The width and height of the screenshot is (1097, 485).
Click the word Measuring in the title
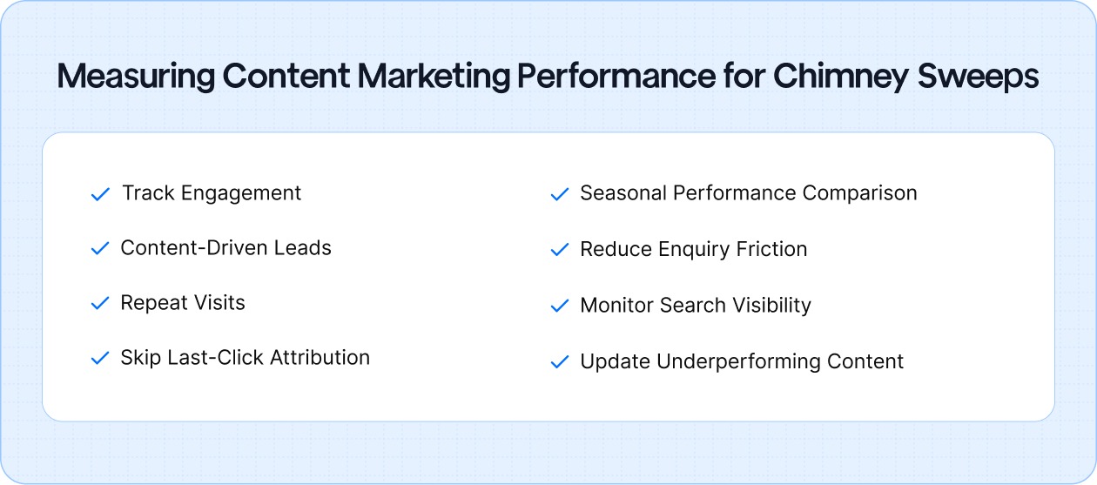coord(135,77)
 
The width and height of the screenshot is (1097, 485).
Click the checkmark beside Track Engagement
coord(100,194)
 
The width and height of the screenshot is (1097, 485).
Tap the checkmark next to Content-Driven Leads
coord(100,249)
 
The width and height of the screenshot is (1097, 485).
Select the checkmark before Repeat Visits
coord(100,304)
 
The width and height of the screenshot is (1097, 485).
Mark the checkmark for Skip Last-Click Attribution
coord(100,359)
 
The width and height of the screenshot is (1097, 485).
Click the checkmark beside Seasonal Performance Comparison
coord(560,194)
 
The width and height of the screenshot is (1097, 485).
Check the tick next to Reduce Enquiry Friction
coord(560,250)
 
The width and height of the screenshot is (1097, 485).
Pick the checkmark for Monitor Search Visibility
coord(560,306)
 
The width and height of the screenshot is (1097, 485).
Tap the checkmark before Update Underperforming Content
coord(560,362)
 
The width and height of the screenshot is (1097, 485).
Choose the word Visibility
coord(768,306)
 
